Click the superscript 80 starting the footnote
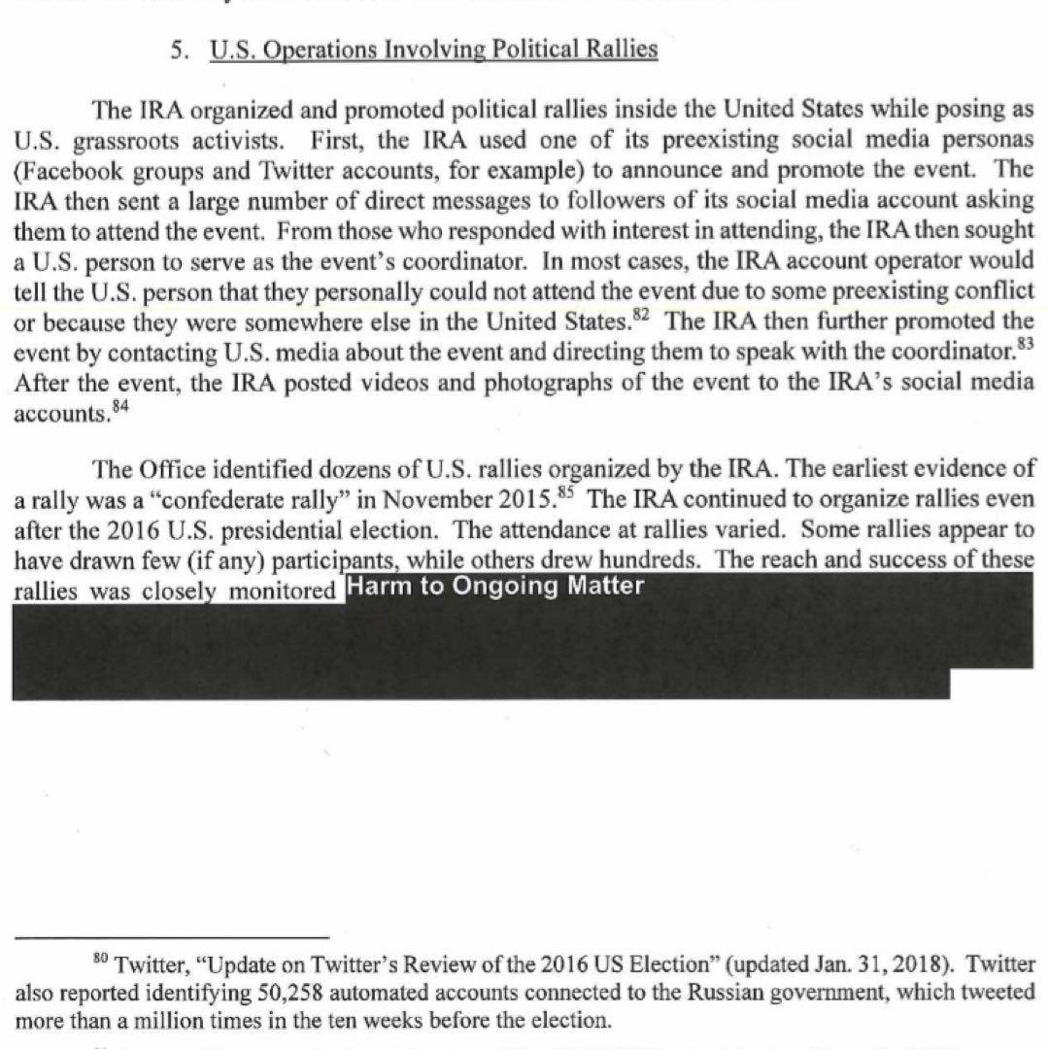(100, 959)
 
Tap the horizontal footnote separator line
(172, 936)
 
